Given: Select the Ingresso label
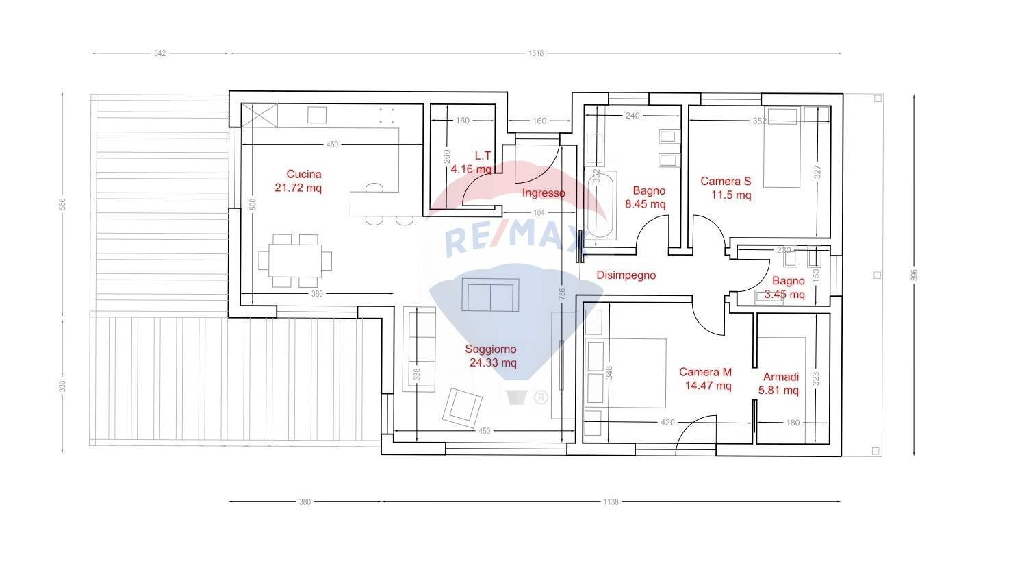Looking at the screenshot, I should [x=544, y=193].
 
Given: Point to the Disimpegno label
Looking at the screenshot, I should [x=626, y=275].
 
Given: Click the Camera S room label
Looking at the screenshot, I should [x=726, y=188].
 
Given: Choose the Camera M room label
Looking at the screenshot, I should [x=706, y=379].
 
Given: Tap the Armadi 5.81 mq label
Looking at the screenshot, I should [x=780, y=384].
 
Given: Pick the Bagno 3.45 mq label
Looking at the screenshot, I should [x=788, y=288].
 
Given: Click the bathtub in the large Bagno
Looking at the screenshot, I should [x=600, y=204].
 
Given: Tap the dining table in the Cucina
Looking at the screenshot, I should [x=295, y=260].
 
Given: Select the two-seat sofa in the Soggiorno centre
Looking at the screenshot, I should [x=489, y=295].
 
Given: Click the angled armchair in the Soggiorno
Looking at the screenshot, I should [x=463, y=406].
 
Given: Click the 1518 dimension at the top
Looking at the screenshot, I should [x=535, y=53].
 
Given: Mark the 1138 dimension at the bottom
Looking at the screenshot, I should [x=611, y=502].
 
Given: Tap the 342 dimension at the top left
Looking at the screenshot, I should [x=160, y=53].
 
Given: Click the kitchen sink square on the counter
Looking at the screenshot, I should [x=316, y=114].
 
